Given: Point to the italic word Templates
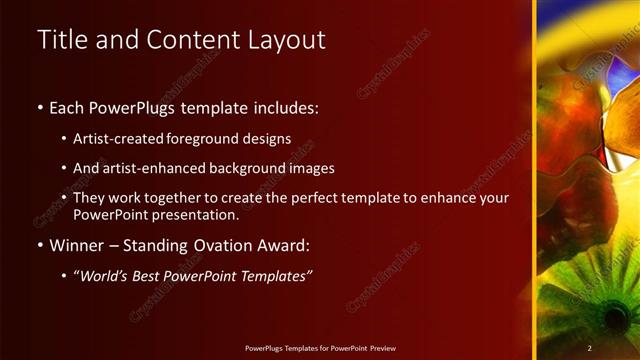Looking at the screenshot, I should [x=274, y=276].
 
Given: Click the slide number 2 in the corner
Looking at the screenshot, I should [x=590, y=348].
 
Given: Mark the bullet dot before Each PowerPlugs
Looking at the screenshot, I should [x=39, y=107].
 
